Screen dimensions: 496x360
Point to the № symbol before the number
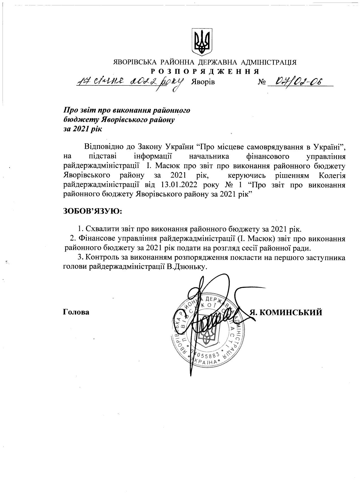click(x=262, y=82)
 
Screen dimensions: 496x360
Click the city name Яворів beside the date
click(x=203, y=82)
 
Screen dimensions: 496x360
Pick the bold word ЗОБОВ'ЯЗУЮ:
click(x=92, y=212)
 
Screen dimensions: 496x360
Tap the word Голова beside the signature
click(x=76, y=312)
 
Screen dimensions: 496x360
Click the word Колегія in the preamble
click(x=332, y=176)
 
